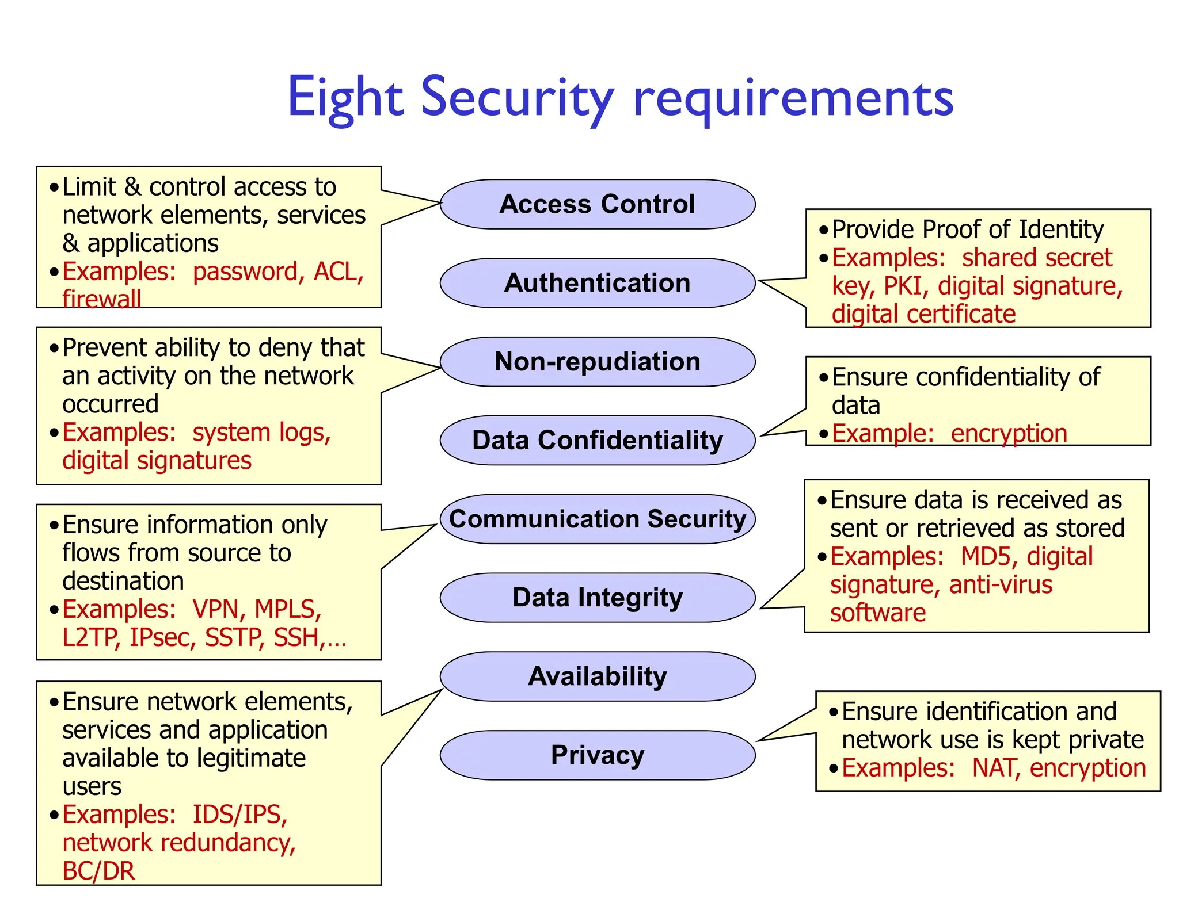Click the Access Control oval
click(x=598, y=204)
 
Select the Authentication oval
click(x=598, y=283)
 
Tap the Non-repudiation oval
click(x=598, y=362)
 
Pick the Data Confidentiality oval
click(x=598, y=441)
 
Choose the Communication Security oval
click(x=598, y=519)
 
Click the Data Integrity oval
click(x=598, y=598)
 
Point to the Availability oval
click(x=598, y=676)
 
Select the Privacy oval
click(x=598, y=755)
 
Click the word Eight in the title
click(x=345, y=98)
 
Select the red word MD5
click(x=986, y=557)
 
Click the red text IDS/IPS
click(x=239, y=815)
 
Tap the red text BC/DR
click(x=98, y=871)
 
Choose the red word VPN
click(x=215, y=609)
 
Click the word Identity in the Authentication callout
click(x=1061, y=230)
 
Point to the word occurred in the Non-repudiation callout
click(x=111, y=404)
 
